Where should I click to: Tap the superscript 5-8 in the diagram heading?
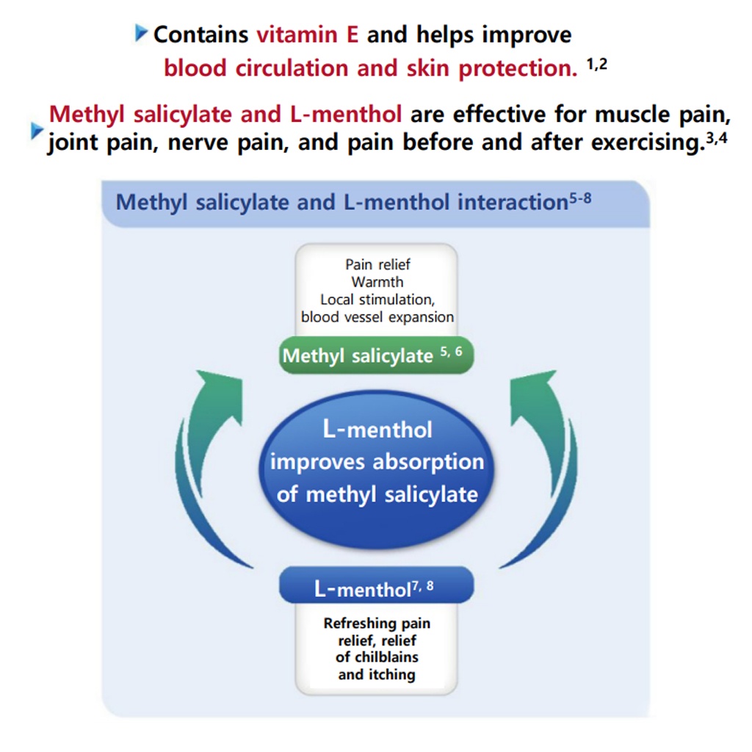pos(579,198)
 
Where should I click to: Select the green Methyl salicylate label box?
pos(375,356)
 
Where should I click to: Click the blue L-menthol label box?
pos(376,587)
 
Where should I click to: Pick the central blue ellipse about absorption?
pos(377,461)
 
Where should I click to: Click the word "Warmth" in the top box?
pos(377,282)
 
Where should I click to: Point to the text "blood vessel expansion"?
pos(377,317)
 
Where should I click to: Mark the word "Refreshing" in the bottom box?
pos(352,623)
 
